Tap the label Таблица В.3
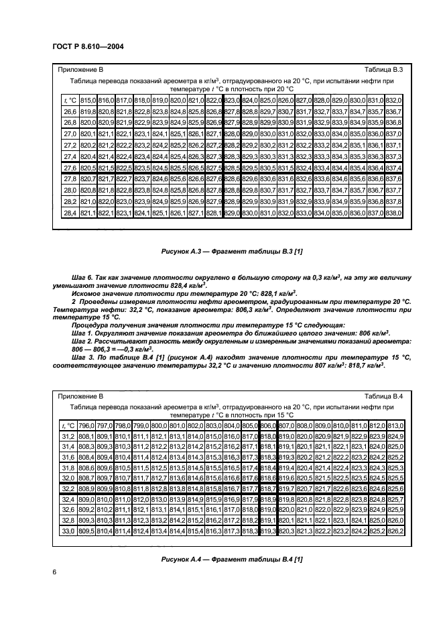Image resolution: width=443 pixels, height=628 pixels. (x=383, y=70)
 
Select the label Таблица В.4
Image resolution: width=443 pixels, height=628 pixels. (x=383, y=397)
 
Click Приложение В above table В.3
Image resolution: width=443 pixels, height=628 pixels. (x=80, y=70)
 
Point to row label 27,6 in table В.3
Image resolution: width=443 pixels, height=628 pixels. (x=69, y=166)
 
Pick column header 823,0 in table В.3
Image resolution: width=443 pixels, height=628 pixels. (x=231, y=99)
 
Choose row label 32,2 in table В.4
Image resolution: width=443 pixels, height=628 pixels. (x=68, y=490)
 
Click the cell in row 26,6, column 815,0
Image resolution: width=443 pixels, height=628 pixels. (x=87, y=111)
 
